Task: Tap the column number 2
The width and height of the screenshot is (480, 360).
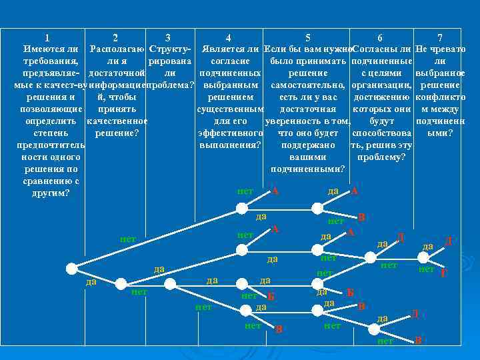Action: (115, 38)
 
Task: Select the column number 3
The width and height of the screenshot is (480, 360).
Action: (167, 38)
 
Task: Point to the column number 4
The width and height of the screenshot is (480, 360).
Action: (229, 38)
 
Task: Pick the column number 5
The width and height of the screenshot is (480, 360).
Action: (307, 38)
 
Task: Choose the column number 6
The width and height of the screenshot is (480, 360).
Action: (379, 38)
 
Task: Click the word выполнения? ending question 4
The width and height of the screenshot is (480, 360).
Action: (229, 145)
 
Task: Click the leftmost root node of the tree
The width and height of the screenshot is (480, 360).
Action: (71, 268)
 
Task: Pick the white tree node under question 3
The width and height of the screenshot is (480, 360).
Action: (170, 284)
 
